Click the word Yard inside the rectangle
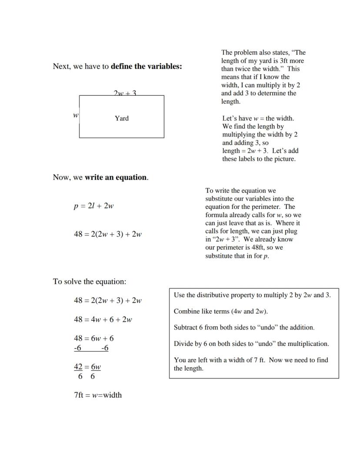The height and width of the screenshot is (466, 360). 122,118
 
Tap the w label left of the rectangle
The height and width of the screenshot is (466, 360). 76,115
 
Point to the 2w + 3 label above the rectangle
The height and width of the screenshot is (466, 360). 125,93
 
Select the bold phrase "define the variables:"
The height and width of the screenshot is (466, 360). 147,67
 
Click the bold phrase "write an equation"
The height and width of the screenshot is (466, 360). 116,178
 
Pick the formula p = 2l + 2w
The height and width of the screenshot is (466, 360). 93,206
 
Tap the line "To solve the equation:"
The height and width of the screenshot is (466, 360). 90,282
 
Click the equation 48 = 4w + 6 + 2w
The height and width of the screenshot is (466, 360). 103,319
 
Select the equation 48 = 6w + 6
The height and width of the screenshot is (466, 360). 94,338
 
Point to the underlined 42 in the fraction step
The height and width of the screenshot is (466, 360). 78,367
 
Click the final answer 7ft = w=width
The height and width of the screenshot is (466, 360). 98,395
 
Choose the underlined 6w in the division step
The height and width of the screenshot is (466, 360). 96,367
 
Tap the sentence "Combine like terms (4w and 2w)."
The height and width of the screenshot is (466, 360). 221,312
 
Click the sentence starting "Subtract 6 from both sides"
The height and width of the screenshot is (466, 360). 244,328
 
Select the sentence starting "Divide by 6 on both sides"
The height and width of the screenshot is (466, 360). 251,344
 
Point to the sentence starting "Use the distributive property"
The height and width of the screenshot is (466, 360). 252,295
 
